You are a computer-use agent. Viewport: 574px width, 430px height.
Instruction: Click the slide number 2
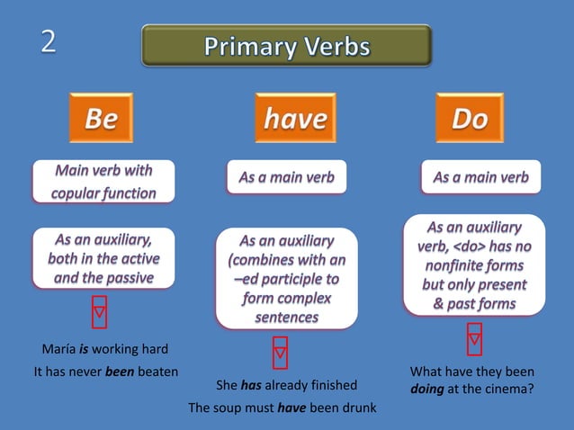point(47,41)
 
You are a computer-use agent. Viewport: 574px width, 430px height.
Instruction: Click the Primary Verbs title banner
point(286,46)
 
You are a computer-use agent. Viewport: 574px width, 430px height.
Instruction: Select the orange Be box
point(101,118)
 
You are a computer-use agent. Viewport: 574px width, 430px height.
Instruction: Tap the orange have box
point(295,118)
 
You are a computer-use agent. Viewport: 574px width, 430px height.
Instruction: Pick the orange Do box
point(469,118)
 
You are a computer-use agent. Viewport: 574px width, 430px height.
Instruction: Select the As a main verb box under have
point(286,178)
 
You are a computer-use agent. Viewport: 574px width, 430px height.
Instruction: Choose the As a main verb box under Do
point(480,177)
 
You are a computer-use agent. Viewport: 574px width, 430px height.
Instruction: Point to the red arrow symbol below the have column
point(281,353)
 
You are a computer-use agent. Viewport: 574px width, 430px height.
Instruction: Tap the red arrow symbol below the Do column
point(474,338)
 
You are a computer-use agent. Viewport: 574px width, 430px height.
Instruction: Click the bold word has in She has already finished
point(250,385)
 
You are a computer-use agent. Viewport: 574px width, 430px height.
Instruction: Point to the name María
point(57,349)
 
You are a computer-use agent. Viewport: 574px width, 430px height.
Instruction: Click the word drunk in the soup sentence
point(358,408)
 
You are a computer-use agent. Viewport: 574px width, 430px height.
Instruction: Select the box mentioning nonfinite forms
point(473,265)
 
